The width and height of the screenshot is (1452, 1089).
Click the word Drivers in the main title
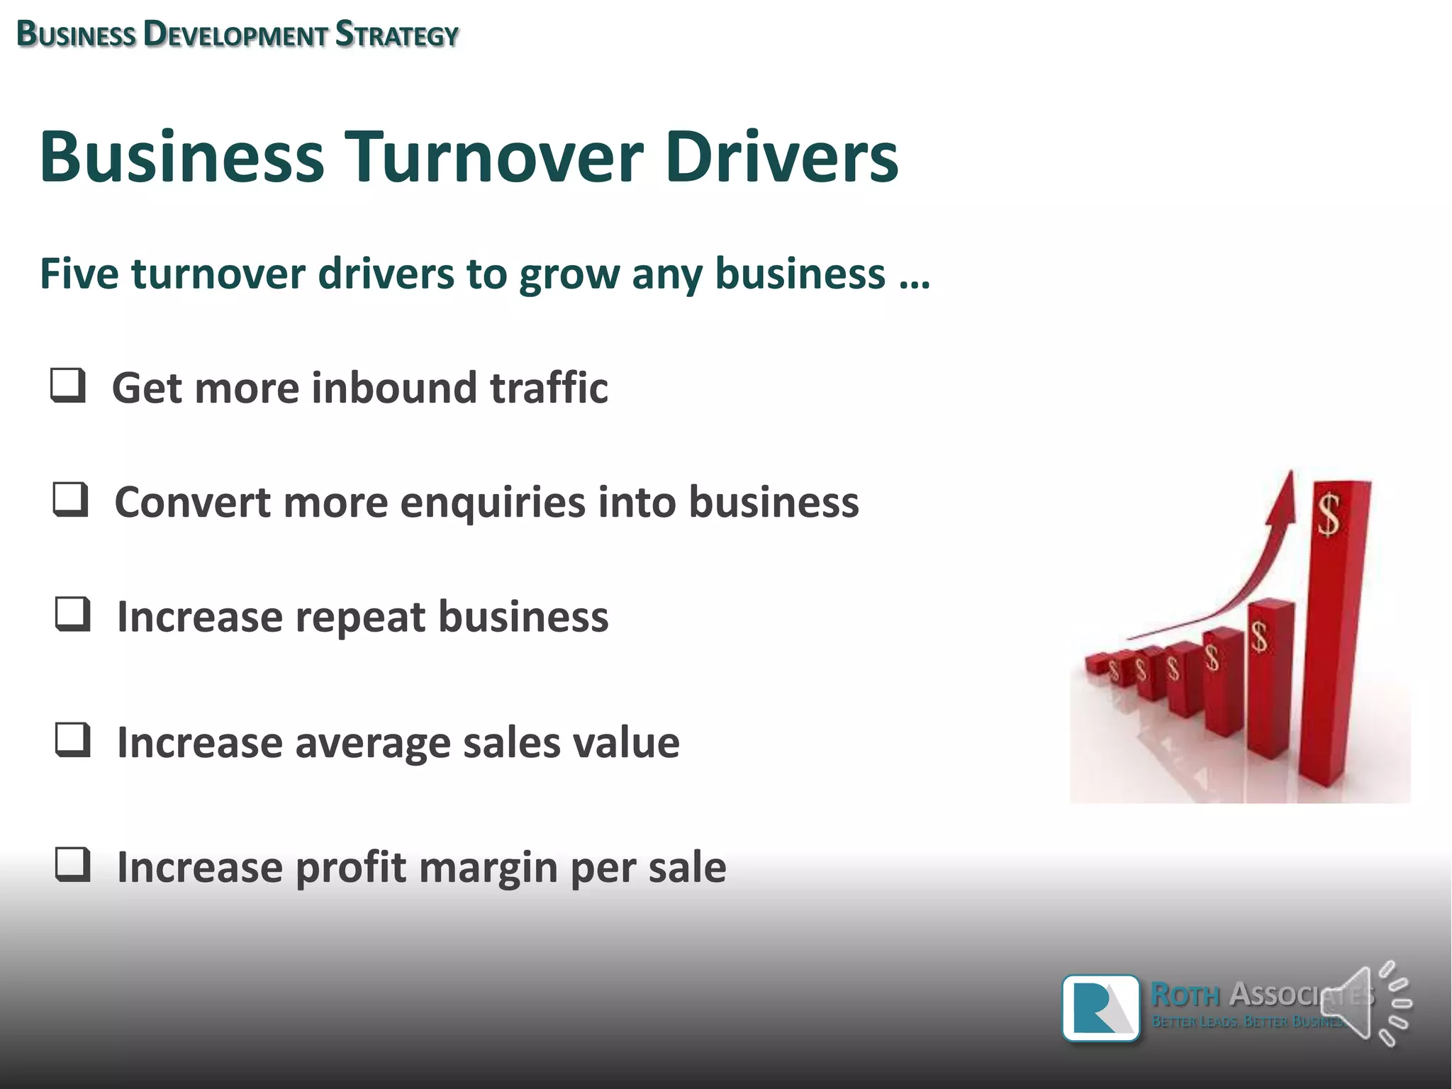click(781, 157)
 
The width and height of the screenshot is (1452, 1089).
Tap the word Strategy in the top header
click(396, 34)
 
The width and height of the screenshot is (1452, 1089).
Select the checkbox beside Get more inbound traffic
click(68, 386)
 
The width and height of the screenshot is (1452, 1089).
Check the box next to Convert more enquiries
click(70, 500)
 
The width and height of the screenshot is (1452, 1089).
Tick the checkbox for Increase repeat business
click(72, 614)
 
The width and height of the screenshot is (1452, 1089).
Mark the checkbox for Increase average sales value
click(72, 740)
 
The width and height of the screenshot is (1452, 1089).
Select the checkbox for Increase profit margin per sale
click(72, 865)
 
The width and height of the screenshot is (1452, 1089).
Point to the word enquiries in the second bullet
click(493, 503)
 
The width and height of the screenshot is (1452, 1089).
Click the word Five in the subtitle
click(79, 274)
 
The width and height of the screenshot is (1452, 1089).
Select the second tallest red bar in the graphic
click(1269, 681)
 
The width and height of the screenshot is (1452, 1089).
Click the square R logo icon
click(1100, 1007)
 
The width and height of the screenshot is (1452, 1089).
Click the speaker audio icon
click(1365, 1004)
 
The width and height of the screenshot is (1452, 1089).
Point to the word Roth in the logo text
click(1185, 995)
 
